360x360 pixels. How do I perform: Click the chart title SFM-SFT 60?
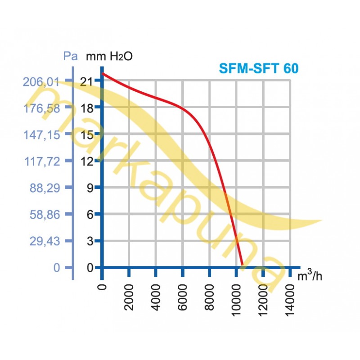point(258,68)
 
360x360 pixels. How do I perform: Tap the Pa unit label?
point(70,57)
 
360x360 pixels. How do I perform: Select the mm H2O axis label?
point(109,57)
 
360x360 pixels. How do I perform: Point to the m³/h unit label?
point(310,276)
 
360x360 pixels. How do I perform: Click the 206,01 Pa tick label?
point(41,81)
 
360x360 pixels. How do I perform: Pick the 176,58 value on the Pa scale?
point(41,108)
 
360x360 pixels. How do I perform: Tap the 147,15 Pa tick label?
point(41,135)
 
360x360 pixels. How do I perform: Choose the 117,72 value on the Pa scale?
point(41,161)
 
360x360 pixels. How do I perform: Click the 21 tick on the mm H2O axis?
point(87,81)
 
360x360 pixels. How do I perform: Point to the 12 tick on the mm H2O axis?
point(87,161)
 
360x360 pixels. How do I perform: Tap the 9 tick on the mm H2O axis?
point(90,188)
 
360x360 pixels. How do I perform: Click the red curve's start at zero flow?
point(103,73)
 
